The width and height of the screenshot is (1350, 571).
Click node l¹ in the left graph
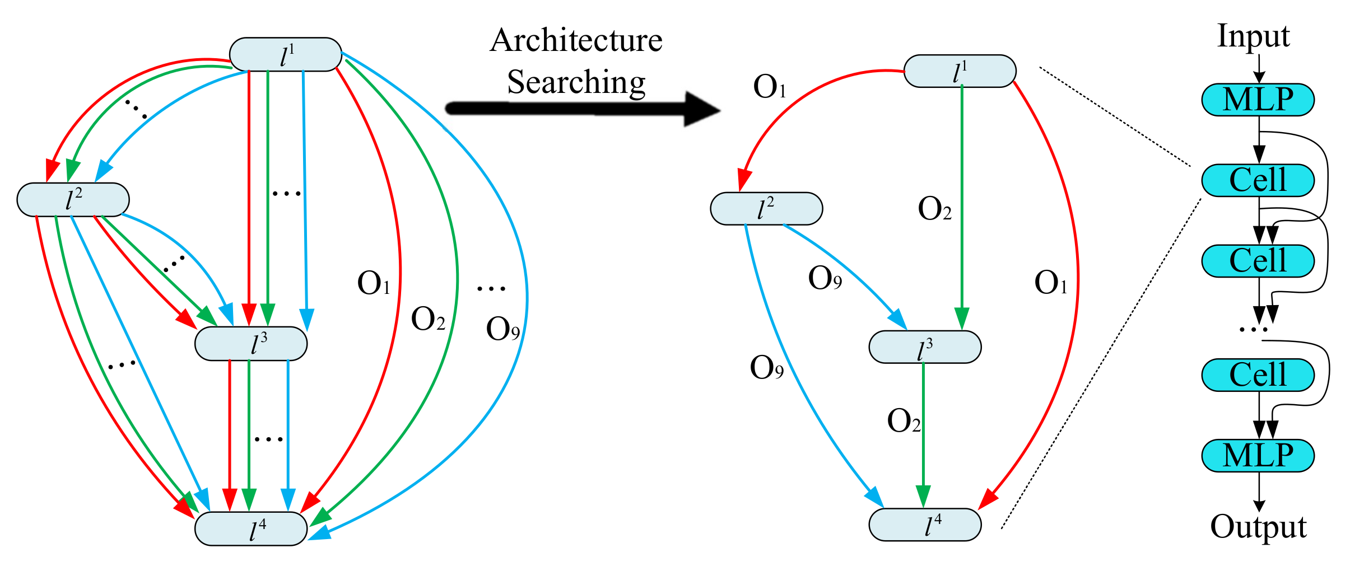(x=286, y=55)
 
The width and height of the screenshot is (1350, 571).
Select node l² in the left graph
(x=73, y=200)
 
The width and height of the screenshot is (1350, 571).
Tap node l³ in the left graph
(x=251, y=344)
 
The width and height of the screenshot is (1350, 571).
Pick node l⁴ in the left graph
(x=251, y=528)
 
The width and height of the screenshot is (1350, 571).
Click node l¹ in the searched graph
(x=960, y=71)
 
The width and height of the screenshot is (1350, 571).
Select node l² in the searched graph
(x=766, y=209)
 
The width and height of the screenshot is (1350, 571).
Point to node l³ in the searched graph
(x=925, y=348)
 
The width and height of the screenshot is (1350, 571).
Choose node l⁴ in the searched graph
(x=925, y=525)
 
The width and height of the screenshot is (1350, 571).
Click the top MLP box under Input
(x=1258, y=100)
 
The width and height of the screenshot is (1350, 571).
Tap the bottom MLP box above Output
(x=1258, y=456)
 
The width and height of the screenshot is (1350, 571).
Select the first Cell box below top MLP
(x=1258, y=180)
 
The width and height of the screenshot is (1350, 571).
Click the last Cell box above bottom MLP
(x=1258, y=375)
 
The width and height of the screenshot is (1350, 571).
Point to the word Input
(x=1253, y=36)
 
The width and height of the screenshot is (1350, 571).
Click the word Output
(x=1258, y=527)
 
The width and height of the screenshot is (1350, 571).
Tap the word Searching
(x=576, y=82)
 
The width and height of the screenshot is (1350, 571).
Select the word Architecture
(x=576, y=40)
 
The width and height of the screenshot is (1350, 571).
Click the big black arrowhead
(x=700, y=109)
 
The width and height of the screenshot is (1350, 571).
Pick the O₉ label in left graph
(x=502, y=329)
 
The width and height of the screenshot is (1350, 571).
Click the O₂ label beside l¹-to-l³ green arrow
(x=934, y=209)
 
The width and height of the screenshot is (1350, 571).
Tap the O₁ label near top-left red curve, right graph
(x=770, y=87)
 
